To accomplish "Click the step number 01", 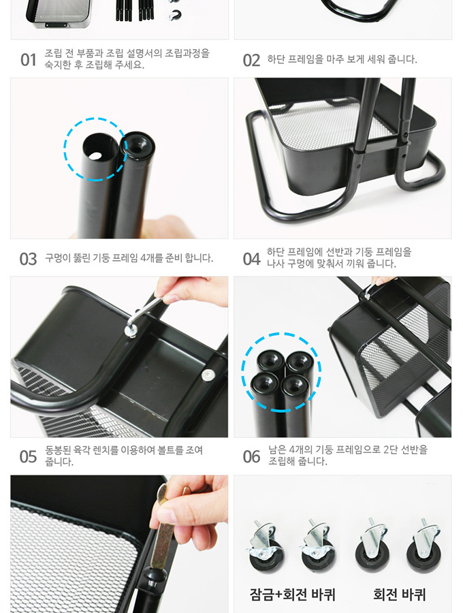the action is pos(28,60).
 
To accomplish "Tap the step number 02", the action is pos(251,61).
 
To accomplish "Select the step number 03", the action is pos(28,259).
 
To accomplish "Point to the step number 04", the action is pos(251,259).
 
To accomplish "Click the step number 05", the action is pos(28,456).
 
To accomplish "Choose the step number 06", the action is pos(251,456).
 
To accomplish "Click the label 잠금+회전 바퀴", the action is pos(292,594).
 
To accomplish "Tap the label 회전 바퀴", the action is pos(399,594).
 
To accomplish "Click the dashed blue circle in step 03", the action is pos(64,149).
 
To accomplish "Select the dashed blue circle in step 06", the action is pos(242,372).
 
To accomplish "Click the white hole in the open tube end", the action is pos(95,156).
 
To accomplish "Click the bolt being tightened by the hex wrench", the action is pos(130,330).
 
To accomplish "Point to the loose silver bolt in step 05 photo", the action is pos(208,375).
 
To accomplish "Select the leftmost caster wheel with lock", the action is pos(264,546).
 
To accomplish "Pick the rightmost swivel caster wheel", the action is pos(424,546).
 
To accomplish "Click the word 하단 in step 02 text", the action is pos(276,59).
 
